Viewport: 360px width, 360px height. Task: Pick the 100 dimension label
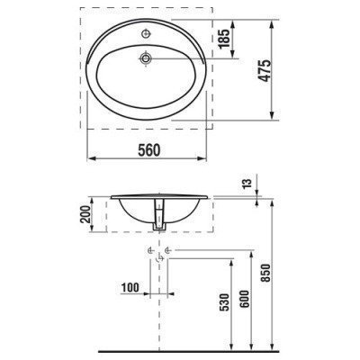(131, 287)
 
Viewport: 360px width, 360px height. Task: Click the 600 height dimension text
(246, 302)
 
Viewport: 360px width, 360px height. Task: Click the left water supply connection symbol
(148, 249)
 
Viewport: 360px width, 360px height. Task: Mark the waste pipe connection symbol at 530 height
(159, 261)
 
